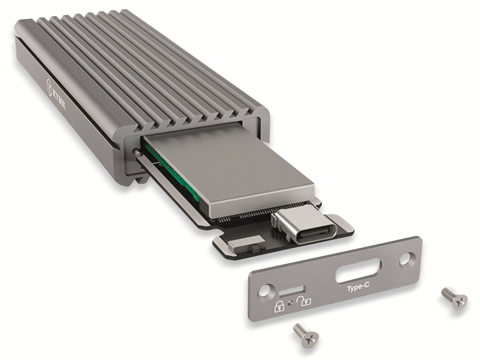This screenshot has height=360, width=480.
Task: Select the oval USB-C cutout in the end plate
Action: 358,272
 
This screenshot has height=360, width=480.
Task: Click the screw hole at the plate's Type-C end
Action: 406,257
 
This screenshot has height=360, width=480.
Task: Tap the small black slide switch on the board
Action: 255,248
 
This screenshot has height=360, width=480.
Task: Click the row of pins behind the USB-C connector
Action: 249,217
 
